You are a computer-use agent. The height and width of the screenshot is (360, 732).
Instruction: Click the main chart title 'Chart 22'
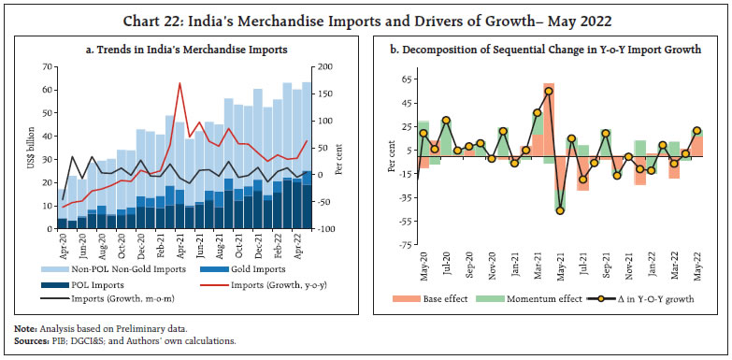pyautogui.click(x=365, y=14)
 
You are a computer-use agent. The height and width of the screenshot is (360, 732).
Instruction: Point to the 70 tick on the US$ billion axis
pyautogui.click(x=45, y=67)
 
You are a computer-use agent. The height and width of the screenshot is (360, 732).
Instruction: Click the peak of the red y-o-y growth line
pyautogui.click(x=179, y=84)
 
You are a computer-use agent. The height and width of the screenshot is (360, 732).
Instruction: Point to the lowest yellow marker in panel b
pyautogui.click(x=560, y=210)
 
